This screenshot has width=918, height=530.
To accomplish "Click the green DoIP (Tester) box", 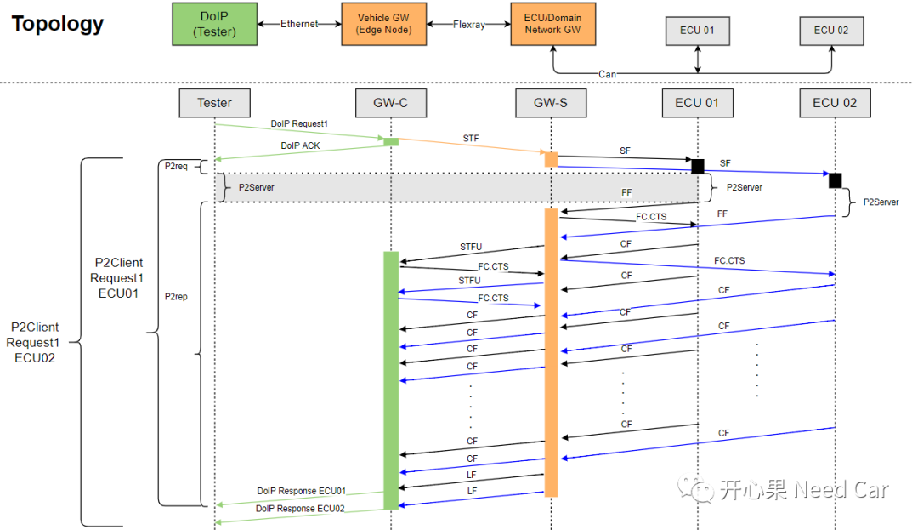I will click(x=214, y=24).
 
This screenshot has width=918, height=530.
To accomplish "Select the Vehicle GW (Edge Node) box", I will click(x=384, y=24).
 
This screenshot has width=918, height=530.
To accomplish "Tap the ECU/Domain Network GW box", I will click(x=553, y=24).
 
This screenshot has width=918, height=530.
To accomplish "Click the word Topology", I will click(x=58, y=24).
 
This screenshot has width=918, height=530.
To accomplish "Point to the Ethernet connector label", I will click(x=298, y=25).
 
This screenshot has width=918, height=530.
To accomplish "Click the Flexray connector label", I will click(x=468, y=25).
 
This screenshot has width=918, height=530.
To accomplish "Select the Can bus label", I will click(x=607, y=74).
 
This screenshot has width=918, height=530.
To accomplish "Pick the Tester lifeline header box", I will click(x=214, y=103).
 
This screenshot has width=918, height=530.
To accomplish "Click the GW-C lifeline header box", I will click(x=391, y=103).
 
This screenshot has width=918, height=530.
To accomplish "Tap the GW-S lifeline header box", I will click(x=551, y=103).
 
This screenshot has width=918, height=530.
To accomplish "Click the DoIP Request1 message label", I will click(x=299, y=124).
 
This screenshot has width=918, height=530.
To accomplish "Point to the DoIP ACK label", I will click(x=300, y=145).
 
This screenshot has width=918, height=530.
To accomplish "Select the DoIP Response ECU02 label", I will click(x=301, y=509).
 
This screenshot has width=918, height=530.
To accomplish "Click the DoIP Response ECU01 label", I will click(x=301, y=491).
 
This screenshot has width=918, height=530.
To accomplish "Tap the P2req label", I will click(x=176, y=166).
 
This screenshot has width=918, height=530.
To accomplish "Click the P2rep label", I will click(x=176, y=297).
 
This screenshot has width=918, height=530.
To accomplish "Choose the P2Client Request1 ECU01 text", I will click(x=119, y=278).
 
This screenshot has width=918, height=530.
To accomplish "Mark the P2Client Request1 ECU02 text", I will click(x=35, y=342).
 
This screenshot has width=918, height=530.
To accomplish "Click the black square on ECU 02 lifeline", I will click(x=835, y=180).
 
